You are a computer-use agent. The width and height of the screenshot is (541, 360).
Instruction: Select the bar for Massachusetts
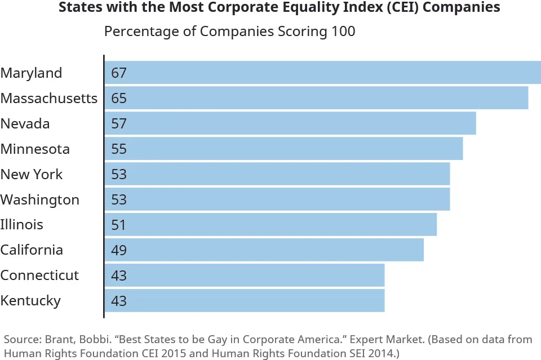(316, 98)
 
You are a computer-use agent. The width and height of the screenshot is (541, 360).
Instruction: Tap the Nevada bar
(290, 123)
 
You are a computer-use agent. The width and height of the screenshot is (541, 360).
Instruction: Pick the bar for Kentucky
(245, 300)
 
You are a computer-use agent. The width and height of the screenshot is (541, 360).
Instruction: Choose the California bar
(264, 250)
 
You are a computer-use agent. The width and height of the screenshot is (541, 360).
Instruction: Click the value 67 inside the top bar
(119, 73)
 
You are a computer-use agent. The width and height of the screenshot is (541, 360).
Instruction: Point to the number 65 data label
(119, 98)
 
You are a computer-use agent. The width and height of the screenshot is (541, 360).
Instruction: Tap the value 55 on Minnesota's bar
(119, 149)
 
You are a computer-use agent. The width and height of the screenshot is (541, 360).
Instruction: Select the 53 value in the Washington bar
(119, 199)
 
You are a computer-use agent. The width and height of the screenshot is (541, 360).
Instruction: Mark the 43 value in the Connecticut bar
(119, 275)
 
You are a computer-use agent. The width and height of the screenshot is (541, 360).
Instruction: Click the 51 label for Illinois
(119, 225)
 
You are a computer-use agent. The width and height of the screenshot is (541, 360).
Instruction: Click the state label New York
(32, 174)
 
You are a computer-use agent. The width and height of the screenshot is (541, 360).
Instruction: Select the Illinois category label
(21, 225)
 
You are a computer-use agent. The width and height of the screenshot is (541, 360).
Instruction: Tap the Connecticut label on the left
(39, 275)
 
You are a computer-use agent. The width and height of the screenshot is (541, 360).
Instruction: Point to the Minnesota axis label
(35, 149)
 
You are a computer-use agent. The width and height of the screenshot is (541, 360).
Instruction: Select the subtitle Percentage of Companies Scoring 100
(230, 31)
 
